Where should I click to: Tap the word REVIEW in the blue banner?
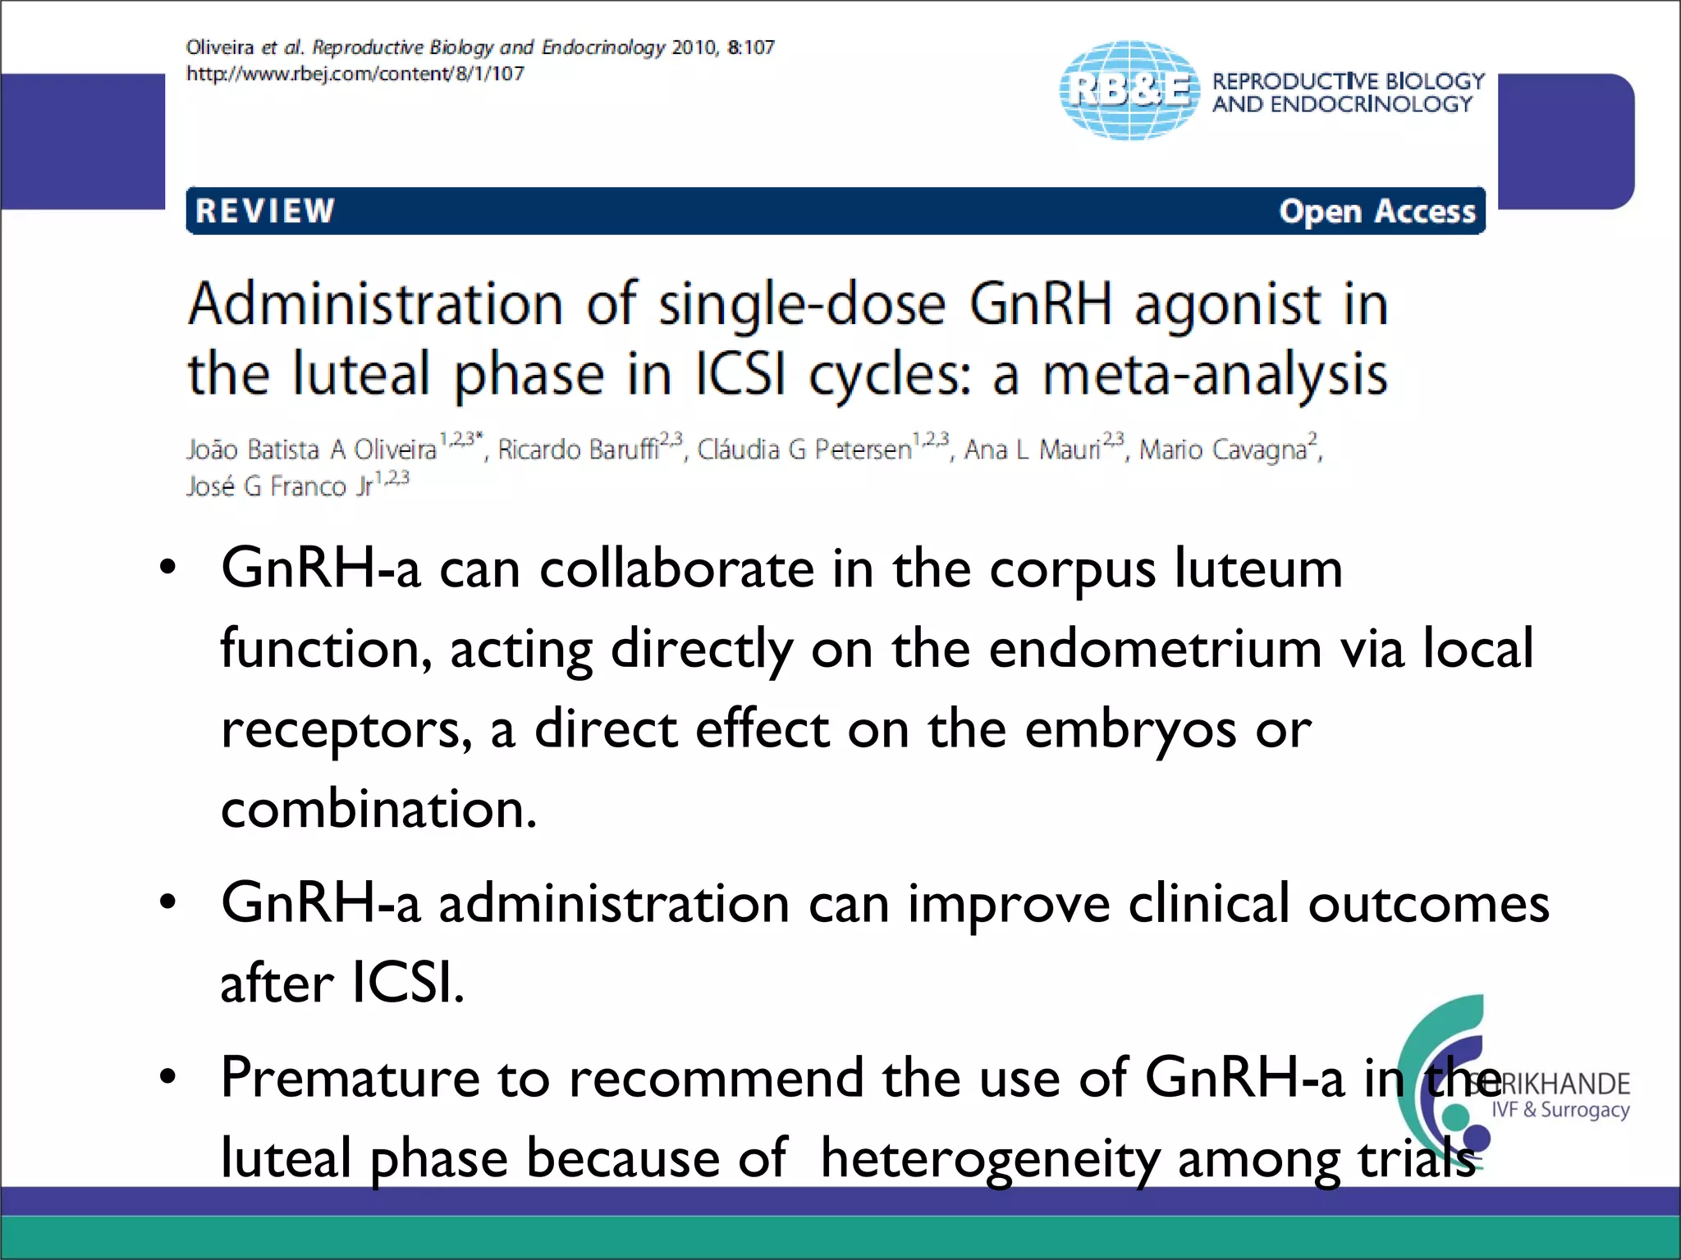[265, 211]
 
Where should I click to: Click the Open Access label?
[1376, 212]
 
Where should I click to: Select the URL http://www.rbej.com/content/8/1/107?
[355, 74]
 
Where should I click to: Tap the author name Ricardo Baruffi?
[578, 450]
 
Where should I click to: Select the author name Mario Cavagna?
[1222, 450]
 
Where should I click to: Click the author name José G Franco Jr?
[279, 486]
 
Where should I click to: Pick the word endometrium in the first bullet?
[1155, 648]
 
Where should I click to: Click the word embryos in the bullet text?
[1130, 728]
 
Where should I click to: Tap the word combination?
[378, 809]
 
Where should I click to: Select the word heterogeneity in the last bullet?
[990, 1158]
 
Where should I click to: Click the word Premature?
[350, 1077]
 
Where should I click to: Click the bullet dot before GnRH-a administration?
[168, 902]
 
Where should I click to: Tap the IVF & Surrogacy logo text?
[1560, 1110]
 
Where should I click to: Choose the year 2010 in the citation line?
[694, 48]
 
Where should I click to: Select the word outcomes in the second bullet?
[1428, 903]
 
